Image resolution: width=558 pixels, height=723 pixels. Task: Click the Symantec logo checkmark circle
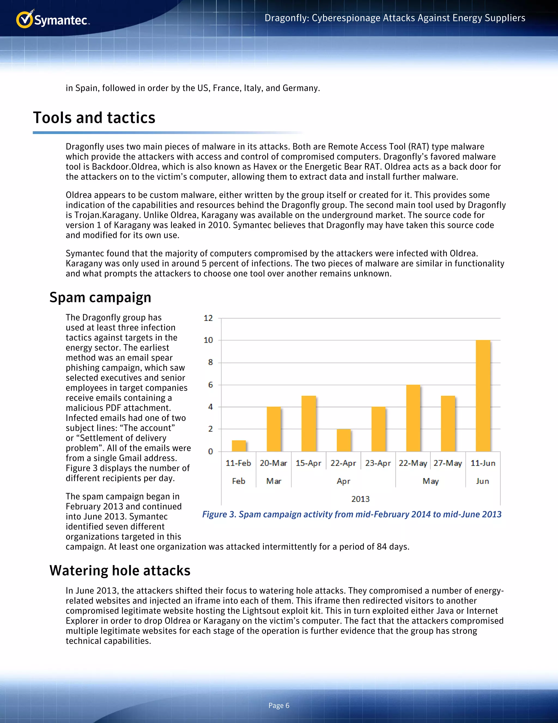pos(25,20)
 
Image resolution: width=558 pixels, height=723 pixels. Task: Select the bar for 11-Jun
pos(483,396)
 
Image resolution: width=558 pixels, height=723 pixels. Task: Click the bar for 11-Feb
pos(239,446)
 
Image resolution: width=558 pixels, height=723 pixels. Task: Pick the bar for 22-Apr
pos(344,440)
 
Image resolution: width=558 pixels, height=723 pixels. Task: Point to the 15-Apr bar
pos(308,423)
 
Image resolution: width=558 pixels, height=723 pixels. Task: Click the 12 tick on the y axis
pos(208,318)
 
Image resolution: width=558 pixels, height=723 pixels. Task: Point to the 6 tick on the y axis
pos(210,385)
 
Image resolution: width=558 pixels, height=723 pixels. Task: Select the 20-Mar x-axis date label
pos(273,463)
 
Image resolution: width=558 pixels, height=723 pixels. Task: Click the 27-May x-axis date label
pos(448,463)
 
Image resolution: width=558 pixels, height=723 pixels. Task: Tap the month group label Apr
pos(344,481)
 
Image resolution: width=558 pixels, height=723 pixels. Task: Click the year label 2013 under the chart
pos(360,499)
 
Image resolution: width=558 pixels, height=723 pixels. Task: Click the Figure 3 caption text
pos(352,514)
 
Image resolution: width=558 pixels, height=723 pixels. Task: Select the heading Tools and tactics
pos(94,118)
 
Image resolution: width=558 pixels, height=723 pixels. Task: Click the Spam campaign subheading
pos(100,297)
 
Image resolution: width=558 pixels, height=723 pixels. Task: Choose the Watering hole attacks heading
pos(120,570)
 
